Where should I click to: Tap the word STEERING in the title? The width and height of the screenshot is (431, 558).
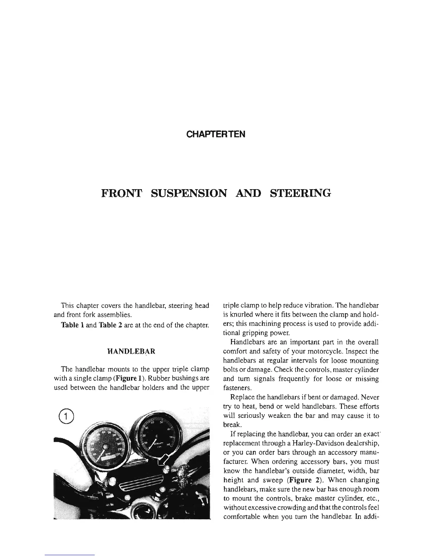[300, 193]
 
